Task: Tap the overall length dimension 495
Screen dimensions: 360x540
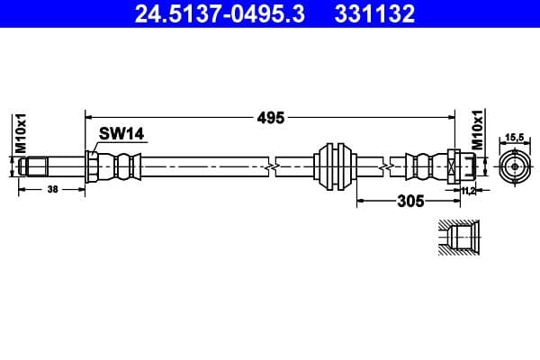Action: click(270, 117)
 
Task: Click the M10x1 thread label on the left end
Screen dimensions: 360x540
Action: click(20, 132)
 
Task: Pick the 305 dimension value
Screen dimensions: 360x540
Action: click(409, 202)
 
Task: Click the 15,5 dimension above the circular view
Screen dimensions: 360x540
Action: click(514, 137)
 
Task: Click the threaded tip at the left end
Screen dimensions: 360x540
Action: click(34, 166)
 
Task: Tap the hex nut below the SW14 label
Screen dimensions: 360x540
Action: click(92, 166)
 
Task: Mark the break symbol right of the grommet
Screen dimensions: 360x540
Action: click(385, 166)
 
